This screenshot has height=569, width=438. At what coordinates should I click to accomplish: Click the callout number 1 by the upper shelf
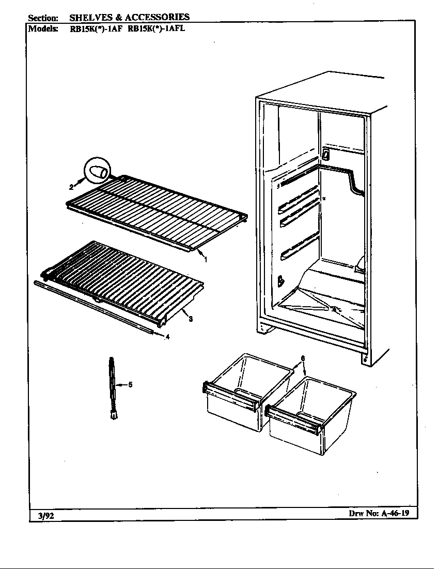206,260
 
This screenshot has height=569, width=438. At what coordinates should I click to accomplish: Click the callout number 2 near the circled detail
72,187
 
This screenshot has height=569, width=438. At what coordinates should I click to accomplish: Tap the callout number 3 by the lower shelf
191,319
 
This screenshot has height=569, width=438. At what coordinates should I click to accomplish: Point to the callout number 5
130,384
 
